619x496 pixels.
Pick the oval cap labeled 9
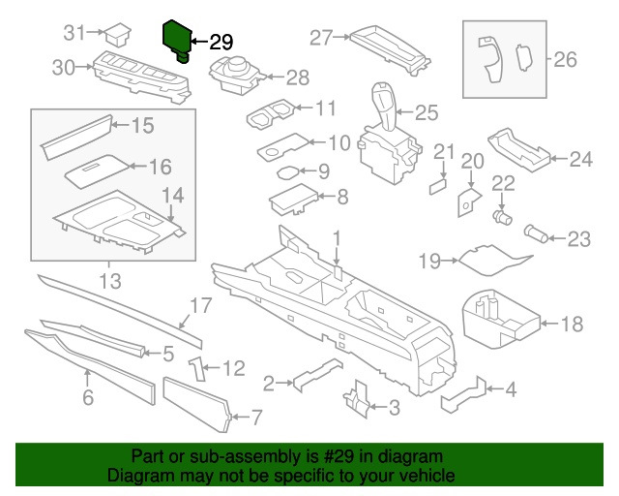[287, 172]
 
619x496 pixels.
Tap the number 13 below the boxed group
[110, 282]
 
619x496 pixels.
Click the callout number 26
[564, 60]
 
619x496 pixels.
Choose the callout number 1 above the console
[337, 237]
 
